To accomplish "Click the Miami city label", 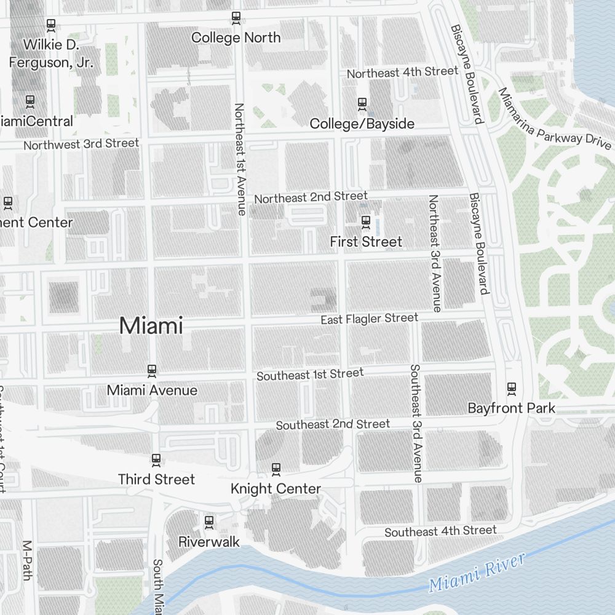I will pos(151,325).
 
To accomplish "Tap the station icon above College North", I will pos(236,18).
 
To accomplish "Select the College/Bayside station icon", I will pos(362,104).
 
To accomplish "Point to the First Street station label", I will pos(366,242).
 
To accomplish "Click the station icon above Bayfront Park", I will pos(511,388).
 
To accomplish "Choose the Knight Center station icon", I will pos(276,469).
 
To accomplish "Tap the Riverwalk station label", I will pos(208,542).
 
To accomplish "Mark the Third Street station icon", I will pos(156,459).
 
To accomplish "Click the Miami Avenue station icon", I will pos(151,370).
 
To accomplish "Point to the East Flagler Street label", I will pos(369,319).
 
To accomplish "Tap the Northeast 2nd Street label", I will pos(311,197).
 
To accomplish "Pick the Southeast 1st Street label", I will pos(310,374).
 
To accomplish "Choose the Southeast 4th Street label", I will pos(440,531).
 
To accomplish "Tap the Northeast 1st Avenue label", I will pos(240,159).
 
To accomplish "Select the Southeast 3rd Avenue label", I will pos(416,423).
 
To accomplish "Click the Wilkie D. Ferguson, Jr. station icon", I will pos(52,25).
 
